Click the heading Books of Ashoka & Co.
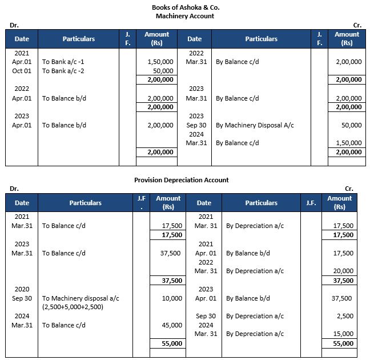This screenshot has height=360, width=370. point(185,7)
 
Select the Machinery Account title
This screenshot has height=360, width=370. point(185,16)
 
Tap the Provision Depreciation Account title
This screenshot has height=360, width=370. point(182,180)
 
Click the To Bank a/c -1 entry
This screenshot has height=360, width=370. point(65,62)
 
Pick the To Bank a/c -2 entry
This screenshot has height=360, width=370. point(65,71)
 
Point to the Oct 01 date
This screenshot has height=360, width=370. point(22,71)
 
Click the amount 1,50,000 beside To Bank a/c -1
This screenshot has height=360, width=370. point(160,62)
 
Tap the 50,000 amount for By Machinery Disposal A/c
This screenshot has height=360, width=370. point(351,125)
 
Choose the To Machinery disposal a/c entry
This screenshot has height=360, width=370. point(81,298)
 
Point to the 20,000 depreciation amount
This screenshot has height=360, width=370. point(343,271)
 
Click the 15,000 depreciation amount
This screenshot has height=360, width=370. point(343,334)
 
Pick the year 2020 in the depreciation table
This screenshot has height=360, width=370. point(22,289)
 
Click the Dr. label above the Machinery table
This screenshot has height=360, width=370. point(14,25)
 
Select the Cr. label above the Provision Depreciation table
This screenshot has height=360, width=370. point(349,189)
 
